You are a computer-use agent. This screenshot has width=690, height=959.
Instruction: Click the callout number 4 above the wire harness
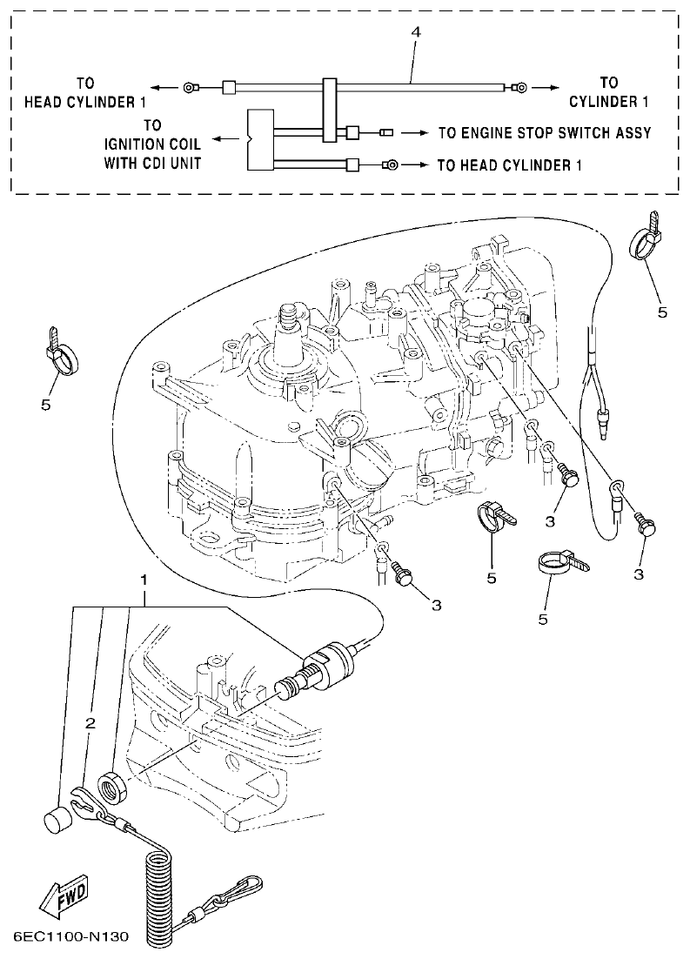click(x=416, y=31)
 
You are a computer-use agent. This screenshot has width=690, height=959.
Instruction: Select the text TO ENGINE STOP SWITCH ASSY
click(x=545, y=133)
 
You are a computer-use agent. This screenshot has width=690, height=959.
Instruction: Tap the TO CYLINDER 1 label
click(x=609, y=92)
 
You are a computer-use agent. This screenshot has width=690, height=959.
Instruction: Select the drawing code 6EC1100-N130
click(x=71, y=938)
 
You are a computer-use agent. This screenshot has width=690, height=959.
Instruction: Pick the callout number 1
click(x=144, y=579)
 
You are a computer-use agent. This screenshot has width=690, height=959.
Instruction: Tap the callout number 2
click(x=90, y=722)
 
